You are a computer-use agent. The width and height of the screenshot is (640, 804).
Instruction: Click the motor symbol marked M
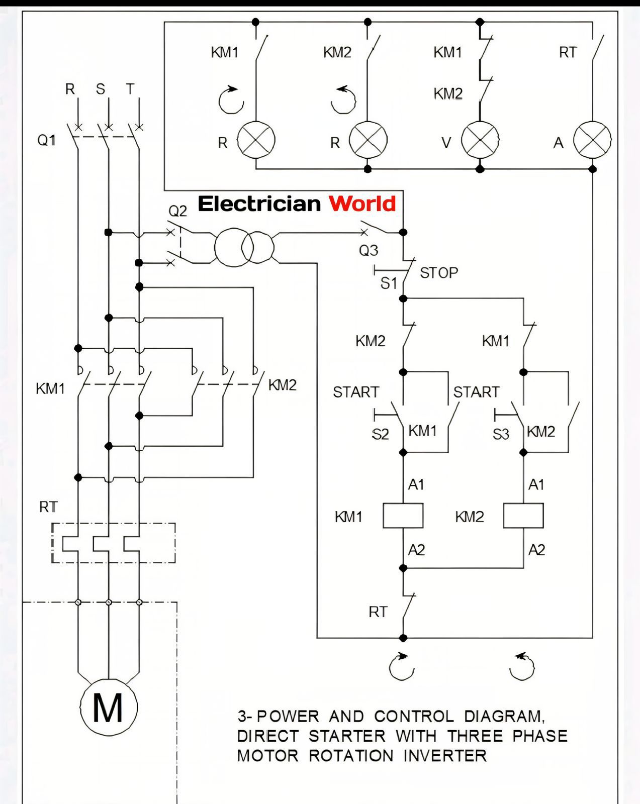[109, 708]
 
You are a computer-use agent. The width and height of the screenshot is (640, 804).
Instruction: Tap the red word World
[362, 204]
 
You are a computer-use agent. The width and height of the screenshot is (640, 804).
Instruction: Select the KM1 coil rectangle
[403, 516]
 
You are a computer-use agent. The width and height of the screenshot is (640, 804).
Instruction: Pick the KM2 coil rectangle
[523, 516]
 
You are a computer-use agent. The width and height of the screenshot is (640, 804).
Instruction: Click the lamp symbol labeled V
[480, 140]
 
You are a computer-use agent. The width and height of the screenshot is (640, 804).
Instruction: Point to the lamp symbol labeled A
[593, 140]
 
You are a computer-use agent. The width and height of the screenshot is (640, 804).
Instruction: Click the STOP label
[439, 273]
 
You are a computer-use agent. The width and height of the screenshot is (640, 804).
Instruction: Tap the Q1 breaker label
[46, 140]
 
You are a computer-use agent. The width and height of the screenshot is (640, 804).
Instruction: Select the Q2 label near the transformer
[177, 211]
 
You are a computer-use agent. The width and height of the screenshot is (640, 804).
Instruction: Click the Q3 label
[369, 250]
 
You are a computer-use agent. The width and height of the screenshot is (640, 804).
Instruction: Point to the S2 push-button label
[380, 434]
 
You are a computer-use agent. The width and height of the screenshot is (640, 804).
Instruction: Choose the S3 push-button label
[501, 434]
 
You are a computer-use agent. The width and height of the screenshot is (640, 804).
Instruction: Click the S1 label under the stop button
[389, 283]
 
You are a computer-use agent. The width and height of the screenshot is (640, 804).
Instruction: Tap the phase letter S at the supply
[101, 89]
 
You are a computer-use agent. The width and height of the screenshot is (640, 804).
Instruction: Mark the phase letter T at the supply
[130, 89]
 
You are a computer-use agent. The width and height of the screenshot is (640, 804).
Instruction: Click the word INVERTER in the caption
[445, 755]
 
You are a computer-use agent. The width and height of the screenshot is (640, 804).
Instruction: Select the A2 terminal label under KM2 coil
[536, 550]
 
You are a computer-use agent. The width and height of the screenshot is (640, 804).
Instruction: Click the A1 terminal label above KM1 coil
[416, 484]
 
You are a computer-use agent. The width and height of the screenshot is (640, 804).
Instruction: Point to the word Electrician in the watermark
[259, 204]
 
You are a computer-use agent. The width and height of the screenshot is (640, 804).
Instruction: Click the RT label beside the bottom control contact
[378, 612]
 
